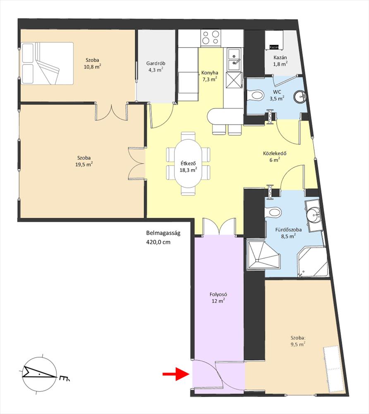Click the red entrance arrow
pyautogui.click(x=176, y=374)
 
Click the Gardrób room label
pyautogui.click(x=156, y=63)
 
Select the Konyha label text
pyautogui.click(x=210, y=73)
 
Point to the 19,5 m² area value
pyautogui.click(x=84, y=164)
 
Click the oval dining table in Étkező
pyautogui.click(x=188, y=164)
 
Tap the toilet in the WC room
pyautogui.click(x=255, y=95)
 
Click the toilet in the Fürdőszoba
pyautogui.click(x=273, y=212)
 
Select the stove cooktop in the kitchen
pyautogui.click(x=211, y=37)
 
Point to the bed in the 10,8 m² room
pyautogui.click(x=47, y=63)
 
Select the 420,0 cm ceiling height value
pyautogui.click(x=158, y=242)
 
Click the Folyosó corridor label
pyautogui.click(x=218, y=294)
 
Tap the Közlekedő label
pyautogui.click(x=275, y=154)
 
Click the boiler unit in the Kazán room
pyautogui.click(x=274, y=40)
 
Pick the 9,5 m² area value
pyautogui.click(x=298, y=344)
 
